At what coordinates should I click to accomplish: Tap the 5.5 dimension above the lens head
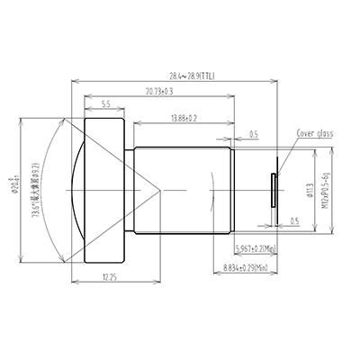point(107,104)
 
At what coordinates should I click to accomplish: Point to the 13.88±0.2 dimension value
point(182,118)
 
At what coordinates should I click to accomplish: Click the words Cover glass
point(315,133)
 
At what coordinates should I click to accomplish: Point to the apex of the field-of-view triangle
point(161,191)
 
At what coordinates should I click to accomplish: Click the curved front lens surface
point(76,191)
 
